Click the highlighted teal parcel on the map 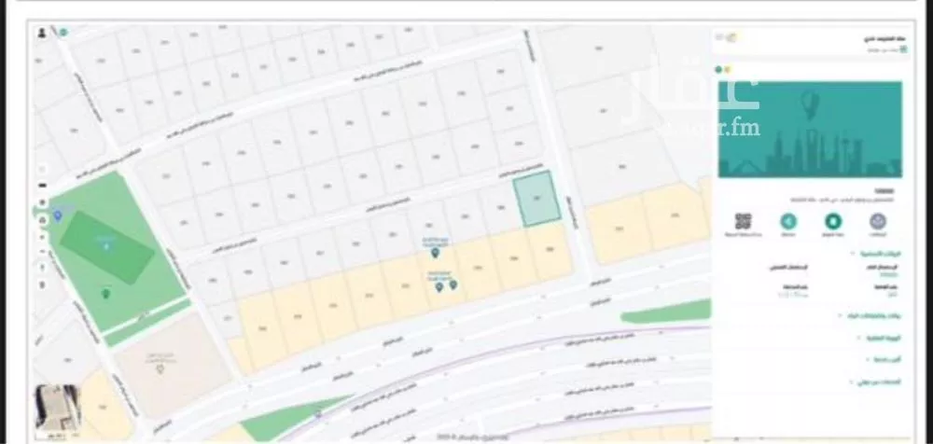pos(537,199)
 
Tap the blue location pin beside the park pos(59,215)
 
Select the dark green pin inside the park pos(104,294)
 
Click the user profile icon pos(42,33)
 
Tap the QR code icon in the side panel pos(744,222)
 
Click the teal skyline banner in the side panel pos(809,129)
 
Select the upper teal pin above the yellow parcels pos(435,252)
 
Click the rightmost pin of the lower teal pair pos(453,284)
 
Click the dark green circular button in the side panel pos(833,222)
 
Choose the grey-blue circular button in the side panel pos(878,222)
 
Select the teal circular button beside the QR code pos(788,222)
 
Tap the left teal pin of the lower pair pos(439,286)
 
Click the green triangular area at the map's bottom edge pos(280,425)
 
